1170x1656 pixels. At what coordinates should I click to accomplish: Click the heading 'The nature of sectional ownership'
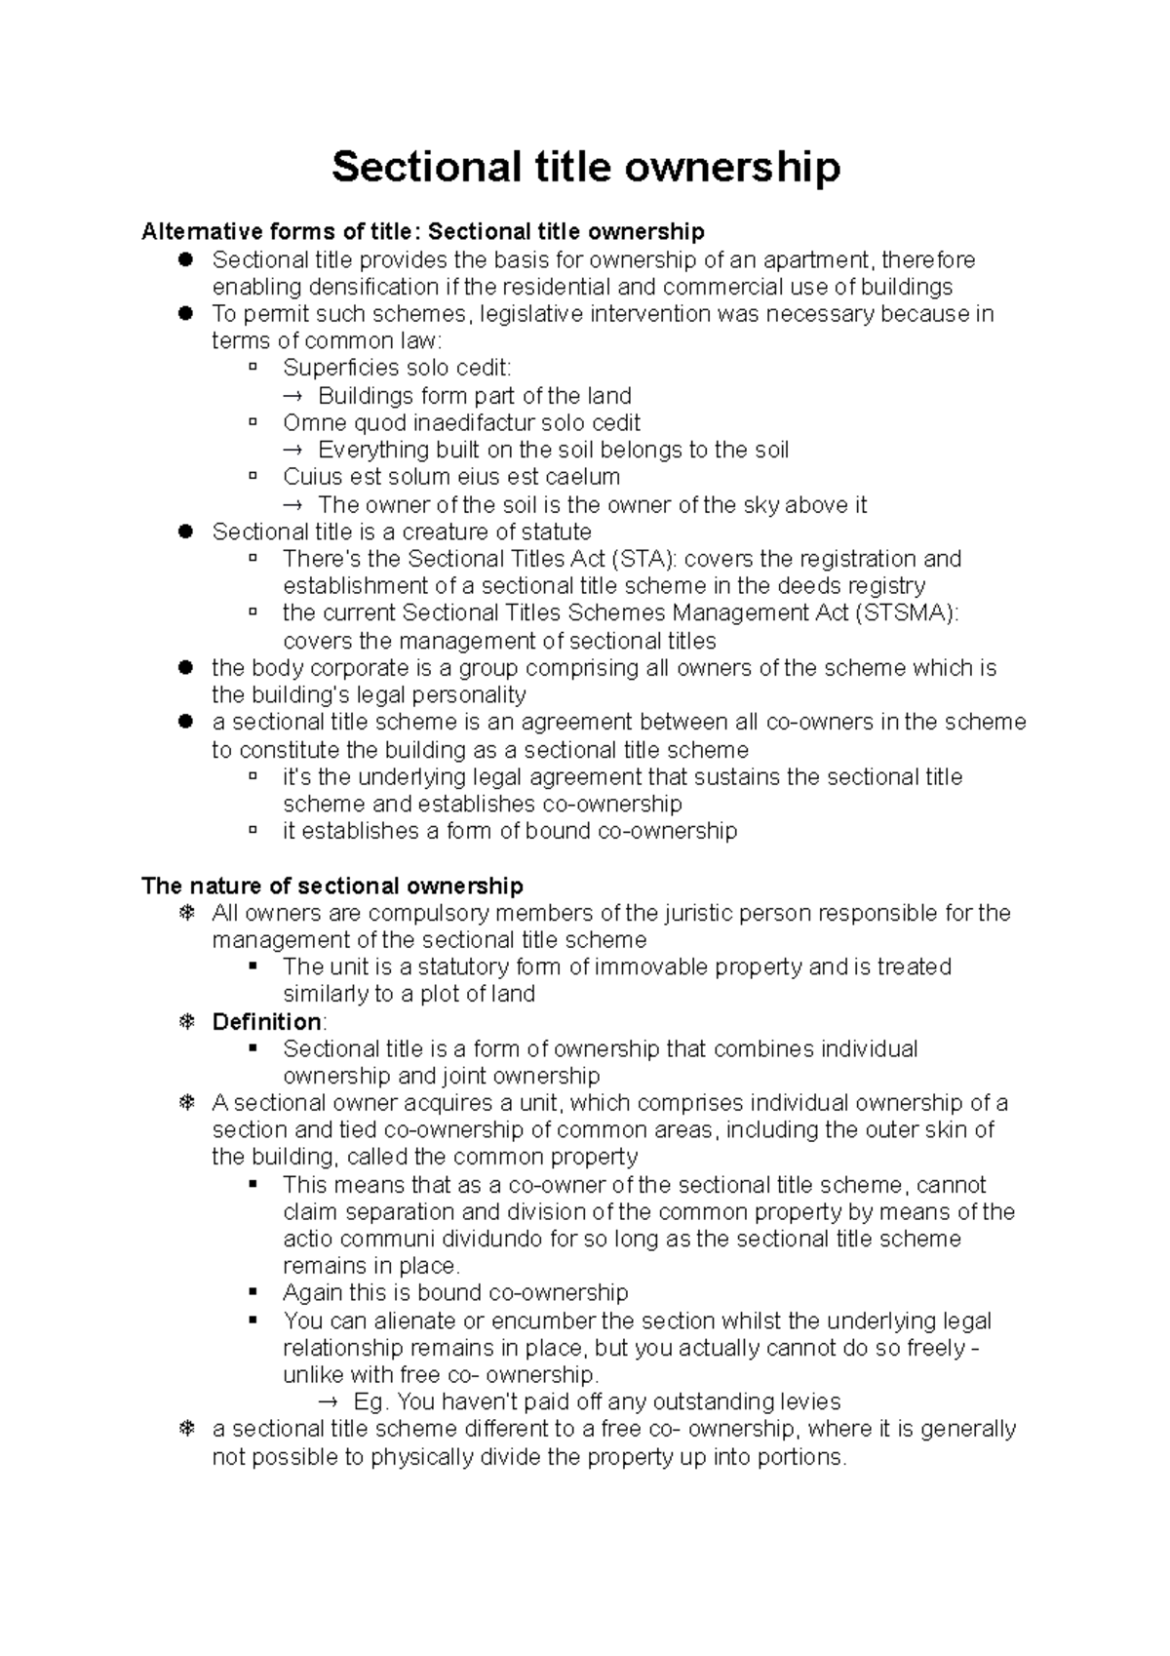tap(332, 886)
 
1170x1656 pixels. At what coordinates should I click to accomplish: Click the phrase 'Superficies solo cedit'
tap(396, 368)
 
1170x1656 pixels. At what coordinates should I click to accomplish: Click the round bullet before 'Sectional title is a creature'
tap(186, 532)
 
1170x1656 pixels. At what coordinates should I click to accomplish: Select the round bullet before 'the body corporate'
tap(186, 668)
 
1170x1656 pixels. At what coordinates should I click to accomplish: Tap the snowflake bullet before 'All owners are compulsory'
tap(186, 913)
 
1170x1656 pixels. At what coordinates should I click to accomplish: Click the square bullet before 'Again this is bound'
tap(253, 1292)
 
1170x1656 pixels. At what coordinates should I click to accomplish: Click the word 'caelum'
tap(584, 477)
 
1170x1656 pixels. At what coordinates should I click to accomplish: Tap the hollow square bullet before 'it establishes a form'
tap(253, 831)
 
